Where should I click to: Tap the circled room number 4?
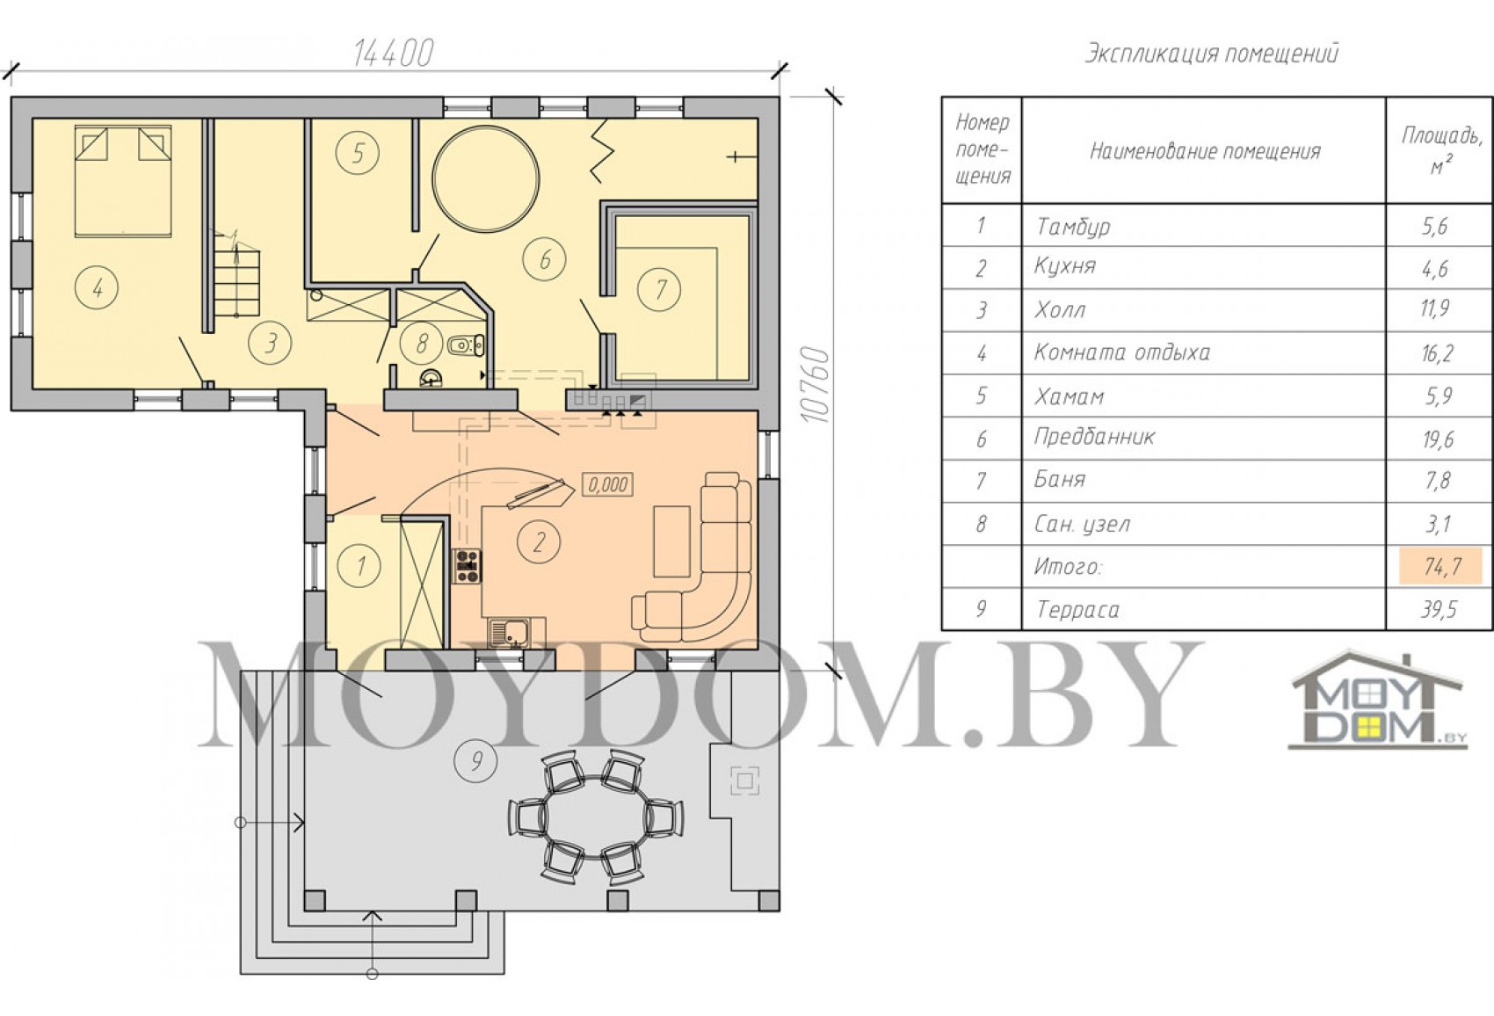(x=97, y=288)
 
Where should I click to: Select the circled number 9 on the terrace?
(x=476, y=761)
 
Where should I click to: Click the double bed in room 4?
(x=123, y=181)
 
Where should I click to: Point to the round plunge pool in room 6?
(x=485, y=178)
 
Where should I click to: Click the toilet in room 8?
(x=466, y=345)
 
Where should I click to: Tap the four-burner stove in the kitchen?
(x=467, y=566)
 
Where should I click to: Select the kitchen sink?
(x=509, y=633)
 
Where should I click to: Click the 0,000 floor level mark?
(x=607, y=484)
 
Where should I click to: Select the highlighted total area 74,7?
(x=1440, y=566)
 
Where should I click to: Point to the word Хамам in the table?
(x=1070, y=397)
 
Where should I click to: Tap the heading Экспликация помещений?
(x=1211, y=54)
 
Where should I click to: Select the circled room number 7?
(x=660, y=289)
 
